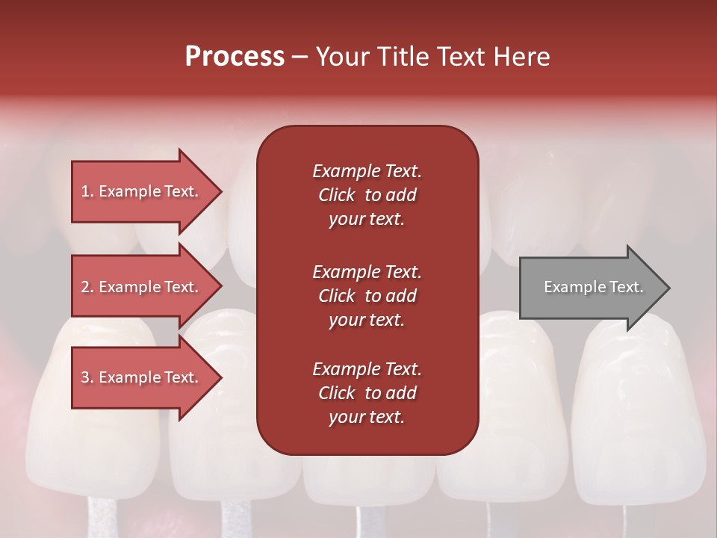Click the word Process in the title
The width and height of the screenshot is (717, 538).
click(235, 57)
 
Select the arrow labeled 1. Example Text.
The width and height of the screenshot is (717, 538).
click(142, 191)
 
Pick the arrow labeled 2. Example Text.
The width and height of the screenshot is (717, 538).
click(142, 287)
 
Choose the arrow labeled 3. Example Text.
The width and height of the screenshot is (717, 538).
click(142, 377)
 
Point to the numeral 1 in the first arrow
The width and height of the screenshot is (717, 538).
click(85, 191)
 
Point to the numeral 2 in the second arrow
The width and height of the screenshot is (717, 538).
click(85, 287)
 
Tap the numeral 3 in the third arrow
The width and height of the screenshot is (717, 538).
click(85, 377)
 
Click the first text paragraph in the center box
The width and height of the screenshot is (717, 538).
click(367, 195)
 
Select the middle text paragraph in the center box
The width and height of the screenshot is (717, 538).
click(367, 296)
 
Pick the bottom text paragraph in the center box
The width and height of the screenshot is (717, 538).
click(367, 393)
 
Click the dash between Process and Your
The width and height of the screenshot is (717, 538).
click(299, 57)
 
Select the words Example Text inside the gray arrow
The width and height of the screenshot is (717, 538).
click(593, 287)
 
